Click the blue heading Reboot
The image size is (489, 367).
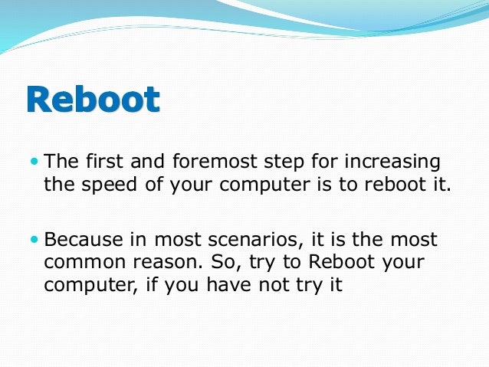(93, 100)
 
